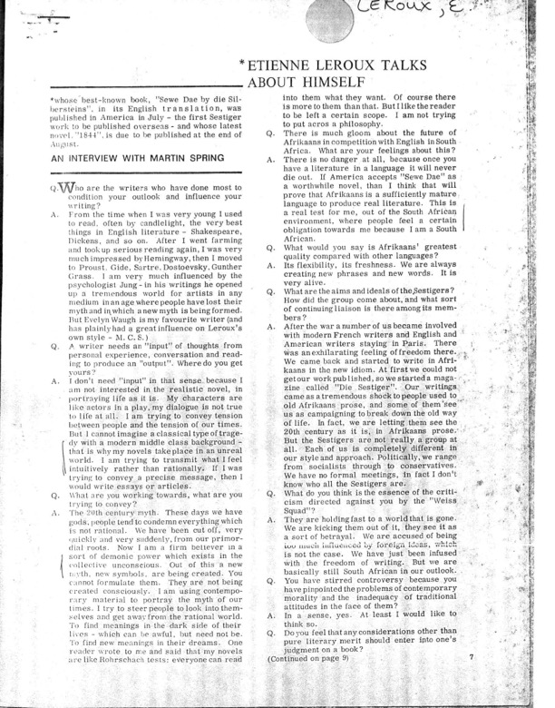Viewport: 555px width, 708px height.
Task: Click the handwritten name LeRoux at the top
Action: click(436, 14)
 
